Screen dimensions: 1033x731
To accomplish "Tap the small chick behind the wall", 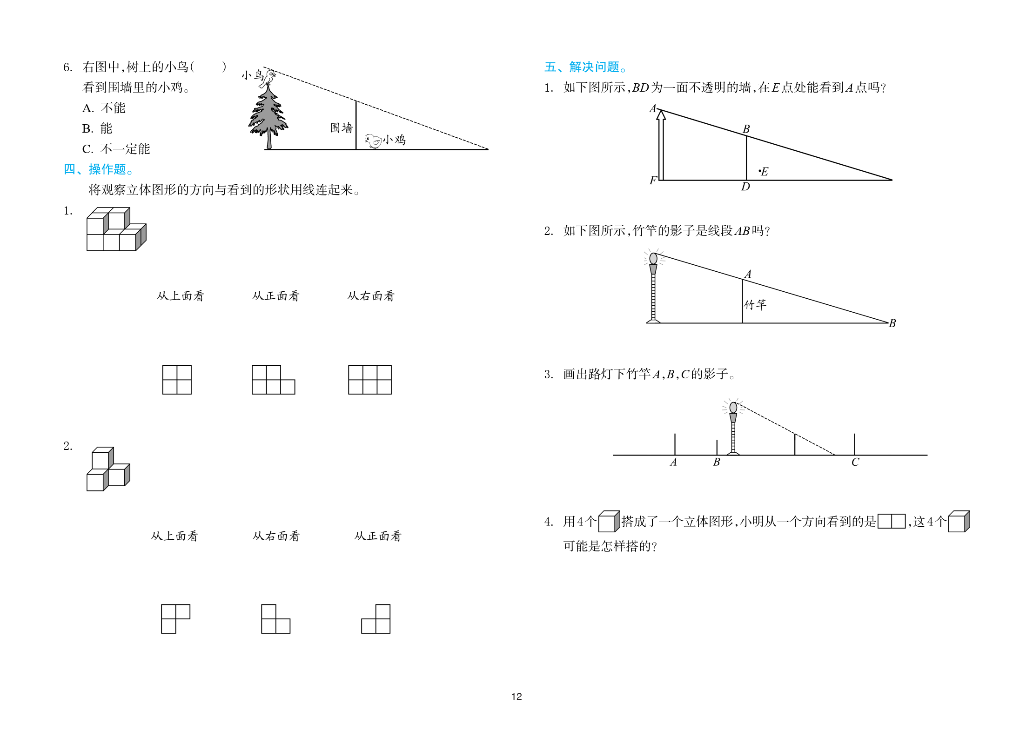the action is click(373, 141).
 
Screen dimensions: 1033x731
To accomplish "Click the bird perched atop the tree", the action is click(268, 78).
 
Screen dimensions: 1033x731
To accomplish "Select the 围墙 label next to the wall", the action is click(342, 128).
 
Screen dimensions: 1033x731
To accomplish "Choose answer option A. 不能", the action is click(104, 108).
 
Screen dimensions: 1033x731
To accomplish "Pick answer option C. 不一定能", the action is click(116, 149).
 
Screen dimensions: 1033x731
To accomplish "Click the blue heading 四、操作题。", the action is click(99, 169).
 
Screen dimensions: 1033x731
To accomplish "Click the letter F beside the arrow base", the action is click(653, 181).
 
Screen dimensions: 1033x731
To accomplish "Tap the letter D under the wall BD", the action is click(745, 187).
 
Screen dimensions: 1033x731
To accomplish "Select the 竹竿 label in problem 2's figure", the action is click(755, 305).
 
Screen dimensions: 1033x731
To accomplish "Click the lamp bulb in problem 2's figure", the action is click(653, 258).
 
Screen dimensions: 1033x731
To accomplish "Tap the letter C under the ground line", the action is click(855, 462).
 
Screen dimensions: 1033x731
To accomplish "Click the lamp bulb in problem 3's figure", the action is click(733, 408).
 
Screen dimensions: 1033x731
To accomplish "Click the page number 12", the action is click(516, 697).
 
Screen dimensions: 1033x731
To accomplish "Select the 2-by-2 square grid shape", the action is click(177, 380).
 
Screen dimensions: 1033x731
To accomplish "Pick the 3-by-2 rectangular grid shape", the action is click(370, 380).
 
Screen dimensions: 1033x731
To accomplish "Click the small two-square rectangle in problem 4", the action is click(892, 521).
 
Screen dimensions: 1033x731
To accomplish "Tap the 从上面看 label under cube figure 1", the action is click(181, 296).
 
